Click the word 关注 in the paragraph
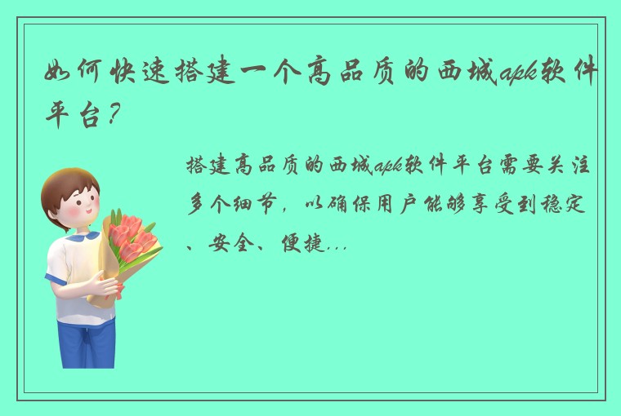tap(581, 168)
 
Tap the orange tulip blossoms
tap(131, 232)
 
